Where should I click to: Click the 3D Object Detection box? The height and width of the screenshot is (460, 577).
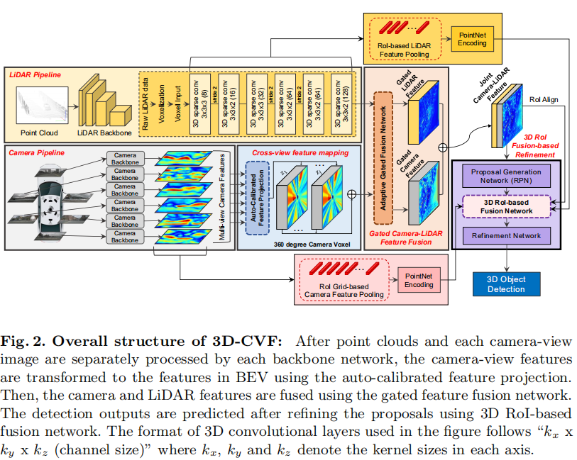[506, 284]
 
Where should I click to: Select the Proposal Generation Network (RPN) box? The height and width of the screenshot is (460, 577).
[506, 176]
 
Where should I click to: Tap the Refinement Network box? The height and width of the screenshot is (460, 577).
[506, 235]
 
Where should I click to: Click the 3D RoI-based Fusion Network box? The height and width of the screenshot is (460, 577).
[506, 206]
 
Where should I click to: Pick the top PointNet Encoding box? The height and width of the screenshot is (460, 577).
[473, 39]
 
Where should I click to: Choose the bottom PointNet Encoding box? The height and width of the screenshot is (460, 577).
[419, 280]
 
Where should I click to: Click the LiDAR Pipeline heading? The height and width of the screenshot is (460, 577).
[35, 74]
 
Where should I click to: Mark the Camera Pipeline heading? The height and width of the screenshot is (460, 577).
[37, 152]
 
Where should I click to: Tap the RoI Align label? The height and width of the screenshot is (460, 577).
[544, 100]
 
